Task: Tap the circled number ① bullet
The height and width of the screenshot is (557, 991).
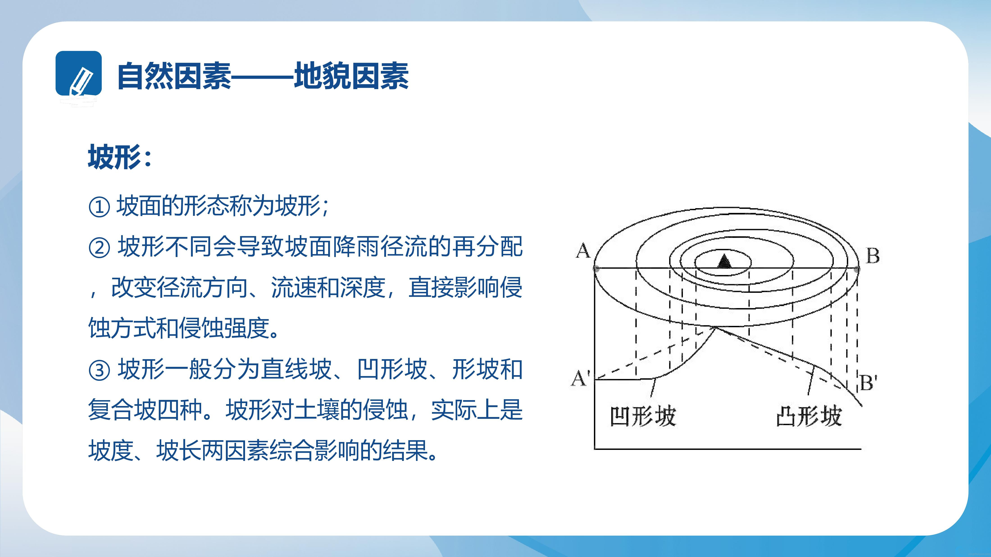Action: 99,207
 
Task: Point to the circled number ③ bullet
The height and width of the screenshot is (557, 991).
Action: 99,370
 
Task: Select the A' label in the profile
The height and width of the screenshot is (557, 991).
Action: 580,378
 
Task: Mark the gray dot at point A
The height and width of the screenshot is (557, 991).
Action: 596,268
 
